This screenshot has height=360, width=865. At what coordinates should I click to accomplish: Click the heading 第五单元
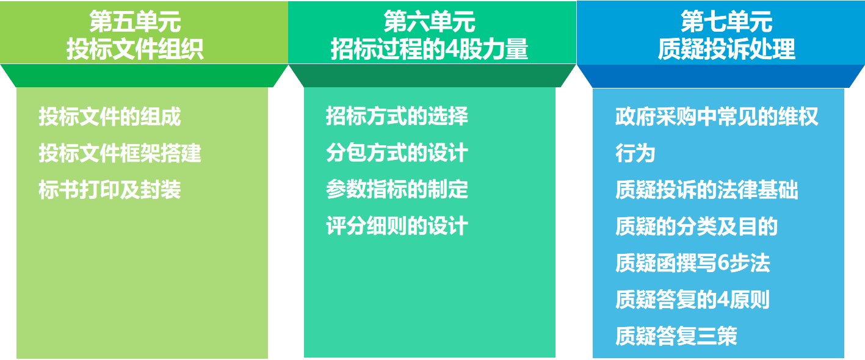point(135,21)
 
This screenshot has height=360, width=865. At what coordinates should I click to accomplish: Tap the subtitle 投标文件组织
point(135,49)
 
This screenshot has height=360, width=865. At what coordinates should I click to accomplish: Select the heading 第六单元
point(429,21)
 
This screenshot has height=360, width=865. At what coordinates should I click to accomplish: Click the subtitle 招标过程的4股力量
point(429,49)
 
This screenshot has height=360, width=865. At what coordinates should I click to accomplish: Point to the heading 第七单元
point(726,21)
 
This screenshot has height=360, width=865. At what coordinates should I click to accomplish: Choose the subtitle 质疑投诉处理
point(726,49)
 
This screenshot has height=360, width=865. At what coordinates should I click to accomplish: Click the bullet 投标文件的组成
point(110,116)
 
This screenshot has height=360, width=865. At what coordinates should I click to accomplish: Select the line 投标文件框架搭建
point(120,153)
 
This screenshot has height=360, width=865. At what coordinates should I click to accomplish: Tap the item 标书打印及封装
point(110,189)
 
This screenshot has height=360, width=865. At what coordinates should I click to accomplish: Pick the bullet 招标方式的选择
point(397,115)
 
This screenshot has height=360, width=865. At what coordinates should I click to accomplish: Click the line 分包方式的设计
point(397,152)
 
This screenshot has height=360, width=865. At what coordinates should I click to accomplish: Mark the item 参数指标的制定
point(397,189)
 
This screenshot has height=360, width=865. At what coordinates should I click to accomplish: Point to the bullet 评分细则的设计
point(397,225)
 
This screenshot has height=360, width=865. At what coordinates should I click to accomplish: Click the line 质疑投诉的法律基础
point(707,189)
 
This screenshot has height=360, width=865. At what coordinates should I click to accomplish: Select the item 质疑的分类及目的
point(697,226)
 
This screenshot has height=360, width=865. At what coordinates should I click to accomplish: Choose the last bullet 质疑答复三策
point(676,336)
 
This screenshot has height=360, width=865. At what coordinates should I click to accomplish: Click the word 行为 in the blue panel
point(635,153)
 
